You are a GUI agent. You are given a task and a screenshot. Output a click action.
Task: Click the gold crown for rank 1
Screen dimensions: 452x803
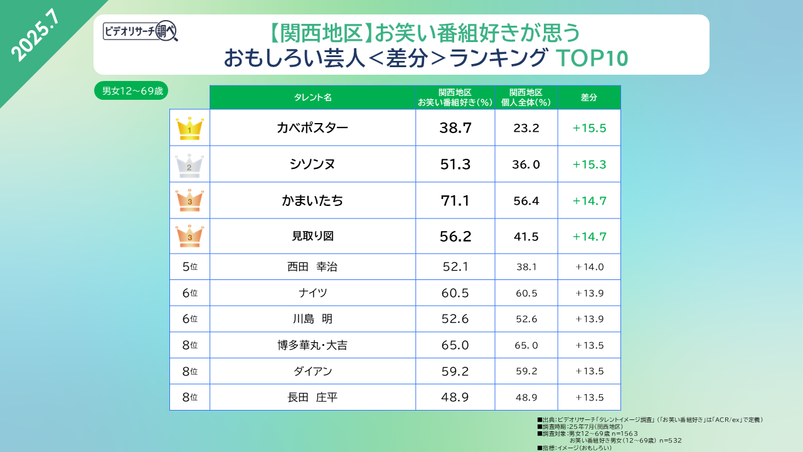(x=189, y=128)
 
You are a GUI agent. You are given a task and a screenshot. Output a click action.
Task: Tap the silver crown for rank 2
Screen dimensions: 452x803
(x=189, y=164)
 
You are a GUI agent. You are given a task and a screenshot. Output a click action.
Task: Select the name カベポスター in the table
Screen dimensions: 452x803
(x=312, y=128)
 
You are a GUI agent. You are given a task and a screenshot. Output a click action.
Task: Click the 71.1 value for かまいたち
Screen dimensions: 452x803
(x=455, y=201)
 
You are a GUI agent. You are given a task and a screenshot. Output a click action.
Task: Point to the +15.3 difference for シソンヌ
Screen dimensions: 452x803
(x=589, y=164)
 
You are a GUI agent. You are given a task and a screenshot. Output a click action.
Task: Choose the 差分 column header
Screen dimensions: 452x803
(x=589, y=97)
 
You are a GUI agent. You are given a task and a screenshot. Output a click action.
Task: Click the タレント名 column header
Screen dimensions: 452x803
(x=312, y=97)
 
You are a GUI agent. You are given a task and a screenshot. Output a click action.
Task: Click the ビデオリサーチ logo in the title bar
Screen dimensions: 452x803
(x=141, y=31)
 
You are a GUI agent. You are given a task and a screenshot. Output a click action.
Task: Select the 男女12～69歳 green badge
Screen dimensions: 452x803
(x=131, y=91)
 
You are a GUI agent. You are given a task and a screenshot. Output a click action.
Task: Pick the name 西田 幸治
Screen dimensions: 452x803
(x=312, y=267)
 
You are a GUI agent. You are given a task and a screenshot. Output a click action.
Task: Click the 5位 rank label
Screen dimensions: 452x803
(x=189, y=267)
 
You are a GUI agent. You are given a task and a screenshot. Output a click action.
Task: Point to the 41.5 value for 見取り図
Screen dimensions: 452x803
(x=526, y=237)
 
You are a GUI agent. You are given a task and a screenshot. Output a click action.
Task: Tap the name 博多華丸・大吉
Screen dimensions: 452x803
(x=312, y=345)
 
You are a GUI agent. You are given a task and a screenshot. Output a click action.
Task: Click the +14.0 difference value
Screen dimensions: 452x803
(x=589, y=267)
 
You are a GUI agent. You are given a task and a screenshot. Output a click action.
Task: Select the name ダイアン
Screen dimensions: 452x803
(x=312, y=371)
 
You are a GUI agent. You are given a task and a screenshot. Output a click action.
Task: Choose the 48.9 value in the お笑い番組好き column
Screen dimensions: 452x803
(x=455, y=397)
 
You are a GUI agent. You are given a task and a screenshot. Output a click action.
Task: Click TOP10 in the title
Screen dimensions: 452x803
(x=592, y=58)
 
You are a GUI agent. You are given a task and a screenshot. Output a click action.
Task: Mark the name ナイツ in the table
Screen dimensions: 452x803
(x=312, y=293)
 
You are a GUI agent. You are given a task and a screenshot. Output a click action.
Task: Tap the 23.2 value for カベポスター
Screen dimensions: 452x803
(x=526, y=128)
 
